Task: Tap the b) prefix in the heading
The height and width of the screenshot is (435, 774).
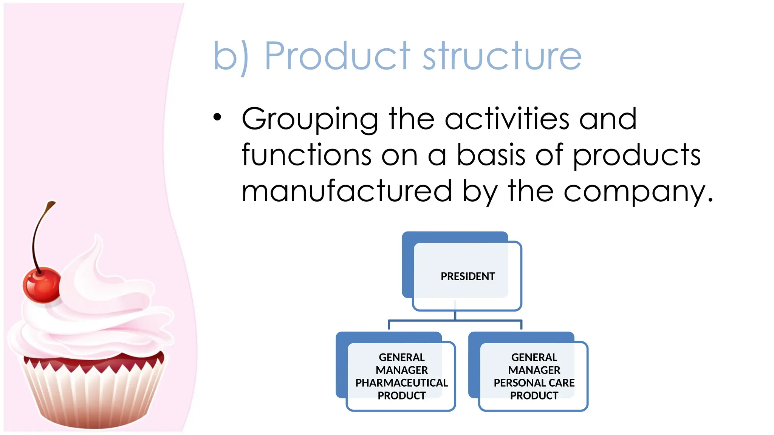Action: click(x=231, y=57)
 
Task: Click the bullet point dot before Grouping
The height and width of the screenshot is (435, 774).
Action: click(x=217, y=117)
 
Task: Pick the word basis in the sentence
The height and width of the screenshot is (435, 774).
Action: click(x=491, y=154)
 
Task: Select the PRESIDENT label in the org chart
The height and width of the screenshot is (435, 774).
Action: click(x=467, y=276)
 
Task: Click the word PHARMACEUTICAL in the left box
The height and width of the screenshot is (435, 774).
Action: click(x=401, y=383)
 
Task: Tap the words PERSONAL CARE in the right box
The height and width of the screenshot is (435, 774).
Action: click(x=534, y=383)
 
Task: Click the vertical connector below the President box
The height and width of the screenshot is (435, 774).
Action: click(x=455, y=315)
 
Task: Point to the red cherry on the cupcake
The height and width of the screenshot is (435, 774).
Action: click(x=41, y=285)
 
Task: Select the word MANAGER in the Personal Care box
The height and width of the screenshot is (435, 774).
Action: click(x=534, y=370)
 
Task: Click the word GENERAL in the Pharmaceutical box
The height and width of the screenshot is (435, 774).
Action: click(x=401, y=357)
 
